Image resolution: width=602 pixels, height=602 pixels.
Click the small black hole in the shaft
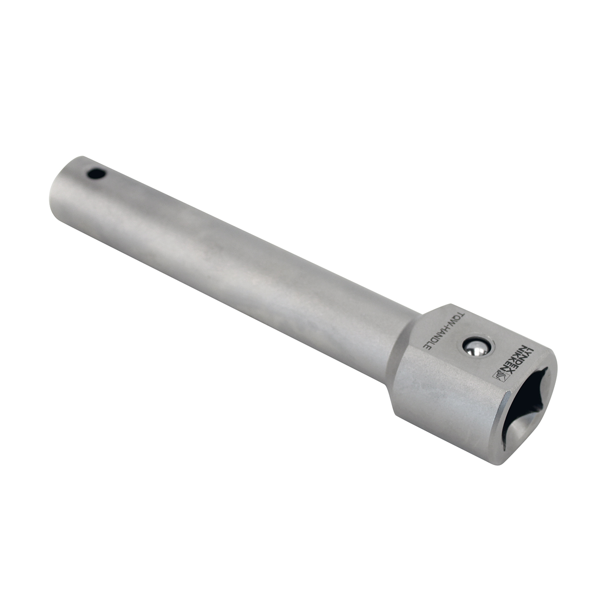pyautogui.click(x=96, y=174)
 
